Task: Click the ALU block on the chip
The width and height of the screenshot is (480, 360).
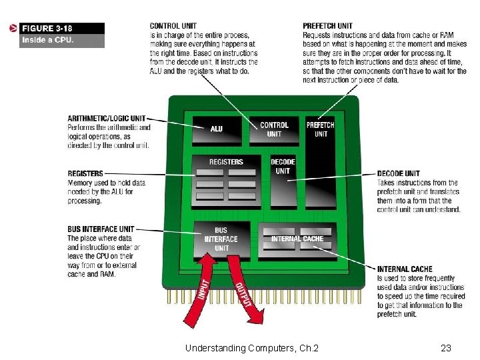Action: (217, 130)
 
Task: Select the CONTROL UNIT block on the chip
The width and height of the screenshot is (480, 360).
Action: (274, 130)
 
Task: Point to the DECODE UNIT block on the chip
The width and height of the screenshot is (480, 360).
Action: (283, 180)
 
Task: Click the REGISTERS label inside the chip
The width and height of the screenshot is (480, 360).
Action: (226, 162)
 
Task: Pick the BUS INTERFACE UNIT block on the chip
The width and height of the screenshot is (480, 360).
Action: (221, 240)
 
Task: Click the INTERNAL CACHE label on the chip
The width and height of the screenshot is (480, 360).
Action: (297, 239)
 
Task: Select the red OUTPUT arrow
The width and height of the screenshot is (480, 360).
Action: (243, 293)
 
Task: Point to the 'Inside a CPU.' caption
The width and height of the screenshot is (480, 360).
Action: (47, 40)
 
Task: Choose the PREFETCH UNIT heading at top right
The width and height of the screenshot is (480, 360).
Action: (327, 26)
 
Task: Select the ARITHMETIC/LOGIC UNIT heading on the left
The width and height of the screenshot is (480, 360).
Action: (106, 119)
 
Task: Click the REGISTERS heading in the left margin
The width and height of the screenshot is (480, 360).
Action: (85, 173)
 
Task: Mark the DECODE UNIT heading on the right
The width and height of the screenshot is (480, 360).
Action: (398, 174)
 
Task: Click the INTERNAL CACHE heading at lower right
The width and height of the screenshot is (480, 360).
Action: (403, 269)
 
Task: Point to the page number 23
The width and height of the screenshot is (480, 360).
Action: (446, 347)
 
